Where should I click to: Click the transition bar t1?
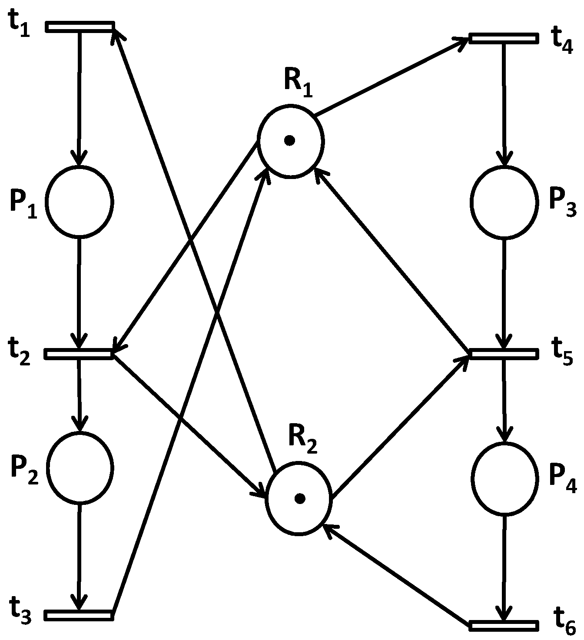[x=80, y=27]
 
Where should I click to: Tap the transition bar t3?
[x=79, y=615]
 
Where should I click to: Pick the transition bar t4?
[x=503, y=38]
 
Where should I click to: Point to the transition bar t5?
[x=503, y=354]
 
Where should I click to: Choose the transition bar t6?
[x=504, y=625]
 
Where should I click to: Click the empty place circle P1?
[x=80, y=202]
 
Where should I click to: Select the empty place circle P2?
[x=80, y=468]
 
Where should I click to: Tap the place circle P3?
[x=503, y=202]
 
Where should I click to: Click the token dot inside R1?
[x=289, y=140]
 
